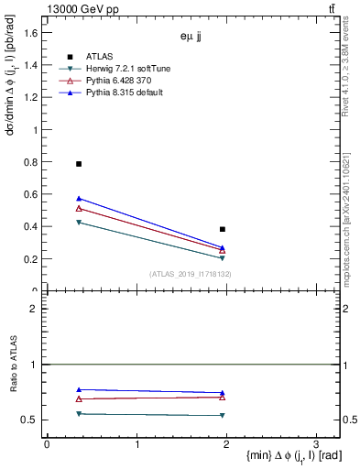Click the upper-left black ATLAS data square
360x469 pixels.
[x=79, y=164]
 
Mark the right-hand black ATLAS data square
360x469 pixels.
[x=223, y=229]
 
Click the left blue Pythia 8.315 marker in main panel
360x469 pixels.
[x=79, y=198]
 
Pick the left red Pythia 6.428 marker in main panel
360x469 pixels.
[x=79, y=209]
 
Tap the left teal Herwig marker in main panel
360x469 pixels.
[x=79, y=223]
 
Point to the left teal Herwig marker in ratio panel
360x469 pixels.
[x=79, y=414]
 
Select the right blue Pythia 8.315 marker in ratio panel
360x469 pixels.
[x=223, y=393]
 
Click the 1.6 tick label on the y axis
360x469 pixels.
[x=29, y=33]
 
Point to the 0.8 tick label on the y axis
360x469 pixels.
[x=29, y=162]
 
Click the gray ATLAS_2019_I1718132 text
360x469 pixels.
[x=191, y=274]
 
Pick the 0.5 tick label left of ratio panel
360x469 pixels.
[x=29, y=420]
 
